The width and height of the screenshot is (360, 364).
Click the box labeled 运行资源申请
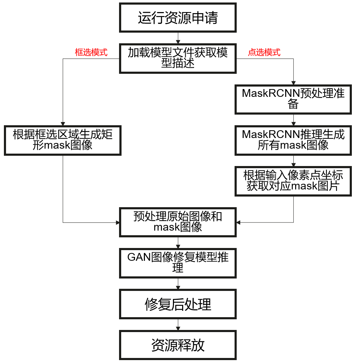[178, 18]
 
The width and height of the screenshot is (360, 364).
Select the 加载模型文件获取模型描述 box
[178, 58]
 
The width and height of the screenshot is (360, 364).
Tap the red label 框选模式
[91, 53]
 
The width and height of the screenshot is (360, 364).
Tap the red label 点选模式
[264, 53]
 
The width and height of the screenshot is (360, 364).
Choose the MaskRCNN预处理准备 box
[293, 99]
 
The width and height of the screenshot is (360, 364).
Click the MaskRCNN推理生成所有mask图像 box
[293, 140]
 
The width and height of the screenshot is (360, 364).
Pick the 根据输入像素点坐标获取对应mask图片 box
[293, 181]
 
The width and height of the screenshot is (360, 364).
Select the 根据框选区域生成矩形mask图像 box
[63, 140]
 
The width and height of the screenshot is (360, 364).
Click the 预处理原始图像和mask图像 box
[178, 222]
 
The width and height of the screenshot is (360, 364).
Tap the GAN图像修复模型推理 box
[178, 263]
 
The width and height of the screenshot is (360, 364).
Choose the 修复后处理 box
[178, 304]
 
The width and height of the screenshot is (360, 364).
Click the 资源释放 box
[178, 345]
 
